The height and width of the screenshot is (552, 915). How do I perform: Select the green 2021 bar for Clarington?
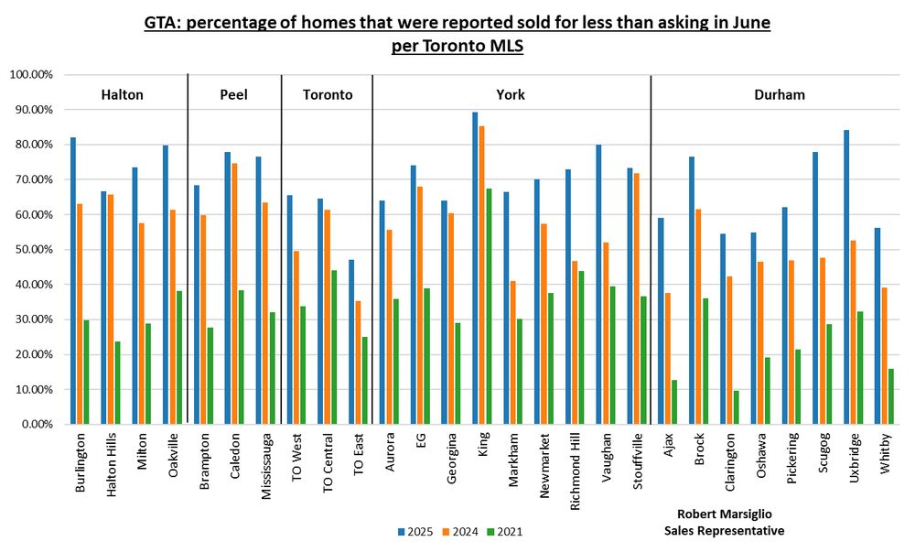[x=736, y=407]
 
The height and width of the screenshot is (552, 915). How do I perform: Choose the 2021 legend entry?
[x=506, y=532]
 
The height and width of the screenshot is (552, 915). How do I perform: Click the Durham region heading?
[x=780, y=94]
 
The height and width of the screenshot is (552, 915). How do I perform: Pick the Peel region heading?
[x=233, y=94]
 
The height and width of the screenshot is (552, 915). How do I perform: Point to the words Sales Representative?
[x=724, y=531]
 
